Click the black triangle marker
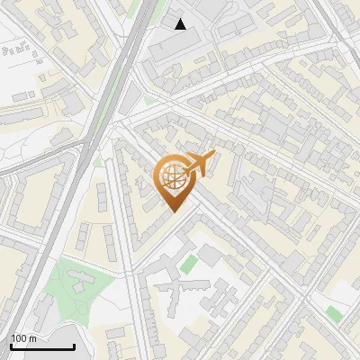click(181, 24)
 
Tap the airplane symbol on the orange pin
click(200, 163)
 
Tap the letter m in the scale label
click(33, 338)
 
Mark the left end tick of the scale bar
click(11, 346)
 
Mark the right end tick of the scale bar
click(74, 346)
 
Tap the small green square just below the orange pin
click(188, 264)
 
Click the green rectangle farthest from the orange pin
click(334, 313)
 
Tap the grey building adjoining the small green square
click(208, 256)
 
